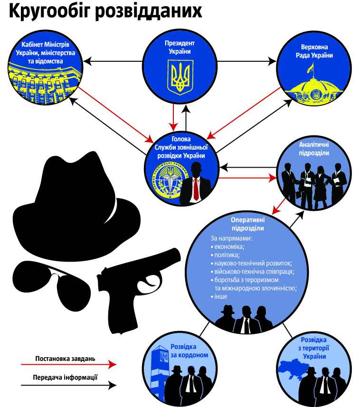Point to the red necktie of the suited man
tap(196, 190)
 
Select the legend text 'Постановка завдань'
tap(65, 358)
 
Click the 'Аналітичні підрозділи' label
tap(314, 148)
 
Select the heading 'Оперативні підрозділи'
tap(247, 224)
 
